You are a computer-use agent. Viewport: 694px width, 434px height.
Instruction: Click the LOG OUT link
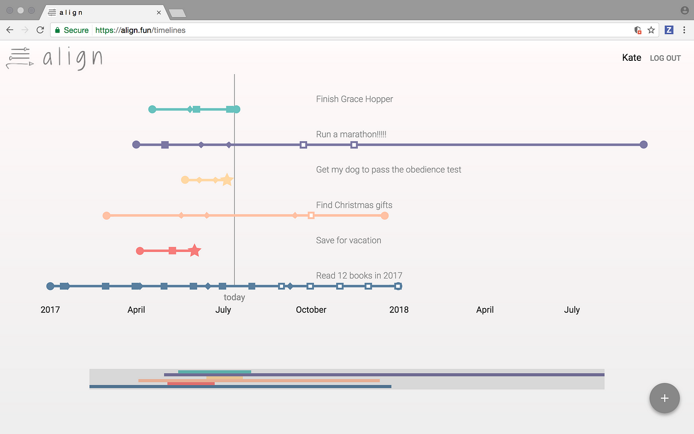click(x=665, y=58)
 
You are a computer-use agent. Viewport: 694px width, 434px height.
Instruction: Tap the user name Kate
click(x=631, y=58)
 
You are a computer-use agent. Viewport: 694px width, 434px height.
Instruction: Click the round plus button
click(x=664, y=398)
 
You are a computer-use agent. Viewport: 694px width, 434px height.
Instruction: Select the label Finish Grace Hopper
click(x=354, y=99)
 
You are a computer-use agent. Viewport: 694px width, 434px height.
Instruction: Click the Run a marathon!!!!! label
click(x=351, y=134)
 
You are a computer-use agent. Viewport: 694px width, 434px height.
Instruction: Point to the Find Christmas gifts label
click(x=354, y=205)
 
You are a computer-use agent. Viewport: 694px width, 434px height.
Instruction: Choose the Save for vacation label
click(x=349, y=240)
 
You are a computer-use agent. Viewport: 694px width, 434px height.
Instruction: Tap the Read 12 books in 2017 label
click(x=359, y=276)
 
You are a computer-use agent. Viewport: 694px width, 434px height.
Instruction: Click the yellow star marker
click(x=227, y=180)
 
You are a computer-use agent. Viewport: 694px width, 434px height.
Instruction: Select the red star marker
click(x=194, y=250)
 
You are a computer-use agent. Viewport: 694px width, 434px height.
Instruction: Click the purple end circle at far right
click(x=643, y=145)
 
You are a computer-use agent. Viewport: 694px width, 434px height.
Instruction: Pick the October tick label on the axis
click(x=311, y=310)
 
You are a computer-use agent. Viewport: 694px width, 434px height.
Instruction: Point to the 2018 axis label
click(x=399, y=310)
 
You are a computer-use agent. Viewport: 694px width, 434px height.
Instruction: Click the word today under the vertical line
click(x=234, y=298)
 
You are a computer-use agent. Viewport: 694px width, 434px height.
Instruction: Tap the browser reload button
click(x=40, y=30)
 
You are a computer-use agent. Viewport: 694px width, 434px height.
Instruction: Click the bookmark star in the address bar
click(x=651, y=30)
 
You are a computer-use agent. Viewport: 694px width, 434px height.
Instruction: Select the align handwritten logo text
click(x=72, y=58)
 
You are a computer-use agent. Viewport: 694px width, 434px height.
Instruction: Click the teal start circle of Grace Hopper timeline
click(x=152, y=109)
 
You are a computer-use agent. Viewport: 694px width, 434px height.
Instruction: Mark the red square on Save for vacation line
click(x=172, y=250)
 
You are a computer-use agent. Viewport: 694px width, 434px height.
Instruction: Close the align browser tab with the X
click(x=159, y=12)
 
